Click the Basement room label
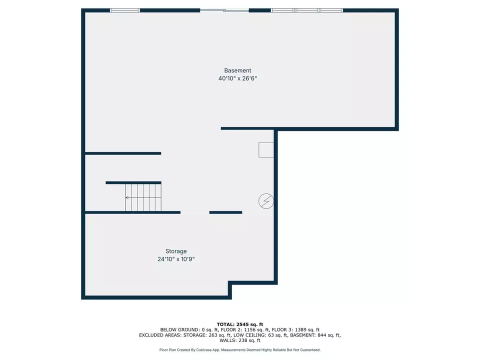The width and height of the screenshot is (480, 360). (x=237, y=70)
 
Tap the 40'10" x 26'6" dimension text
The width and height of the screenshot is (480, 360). (x=237, y=78)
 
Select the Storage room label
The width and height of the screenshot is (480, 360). (x=176, y=251)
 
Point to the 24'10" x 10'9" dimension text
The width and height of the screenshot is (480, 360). (x=176, y=259)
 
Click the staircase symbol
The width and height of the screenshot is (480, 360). (x=143, y=197)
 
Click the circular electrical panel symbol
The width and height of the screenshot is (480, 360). (x=265, y=201)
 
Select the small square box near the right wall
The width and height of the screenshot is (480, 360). (x=266, y=149)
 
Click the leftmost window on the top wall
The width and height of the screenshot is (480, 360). (x=125, y=10)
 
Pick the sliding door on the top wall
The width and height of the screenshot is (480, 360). (x=224, y=10)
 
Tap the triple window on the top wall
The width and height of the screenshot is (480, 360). (x=307, y=10)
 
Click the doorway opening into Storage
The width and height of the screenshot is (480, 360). (x=195, y=212)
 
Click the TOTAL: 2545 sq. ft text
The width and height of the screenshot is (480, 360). (x=240, y=324)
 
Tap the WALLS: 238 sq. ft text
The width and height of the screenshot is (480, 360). (x=240, y=340)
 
